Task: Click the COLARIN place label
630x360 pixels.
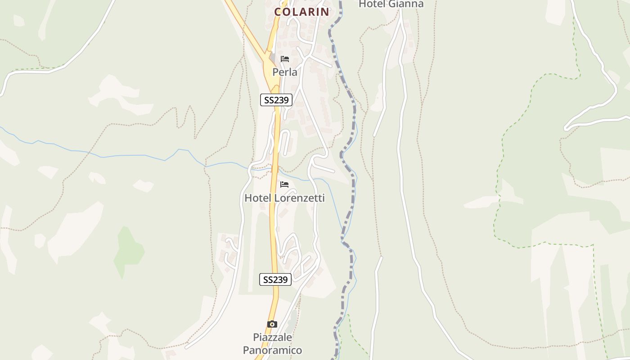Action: click(x=301, y=12)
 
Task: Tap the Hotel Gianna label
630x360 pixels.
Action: click(x=391, y=4)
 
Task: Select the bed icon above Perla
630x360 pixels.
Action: click(x=284, y=59)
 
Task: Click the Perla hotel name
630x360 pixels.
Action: click(x=284, y=72)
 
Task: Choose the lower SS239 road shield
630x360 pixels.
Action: click(x=275, y=279)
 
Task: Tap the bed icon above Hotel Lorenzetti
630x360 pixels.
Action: click(x=284, y=184)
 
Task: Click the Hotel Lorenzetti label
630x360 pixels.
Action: click(x=284, y=198)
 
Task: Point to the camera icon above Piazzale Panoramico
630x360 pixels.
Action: click(x=272, y=324)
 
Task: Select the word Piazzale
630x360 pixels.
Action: click(x=272, y=337)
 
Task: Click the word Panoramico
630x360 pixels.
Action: click(x=272, y=350)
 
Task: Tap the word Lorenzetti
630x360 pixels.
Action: click(x=299, y=198)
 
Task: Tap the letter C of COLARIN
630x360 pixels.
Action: click(x=278, y=12)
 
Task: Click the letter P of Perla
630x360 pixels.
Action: click(x=275, y=72)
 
